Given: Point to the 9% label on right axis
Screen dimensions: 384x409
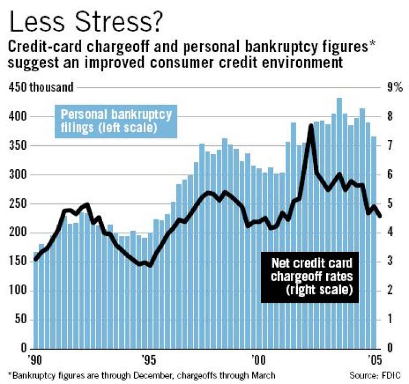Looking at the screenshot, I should coord(396,87).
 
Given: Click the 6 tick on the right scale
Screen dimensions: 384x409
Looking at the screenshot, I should coord(392,175).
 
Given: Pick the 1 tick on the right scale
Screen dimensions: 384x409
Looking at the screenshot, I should coord(392,320).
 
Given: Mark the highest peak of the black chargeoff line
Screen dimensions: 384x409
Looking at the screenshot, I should coord(311,126).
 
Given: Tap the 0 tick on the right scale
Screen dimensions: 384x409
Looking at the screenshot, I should coord(392,349).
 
